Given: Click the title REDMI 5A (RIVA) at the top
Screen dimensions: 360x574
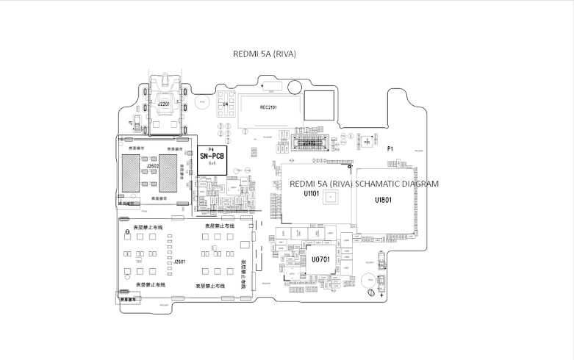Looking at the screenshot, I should [264, 54].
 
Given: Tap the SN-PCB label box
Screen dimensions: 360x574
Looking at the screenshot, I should [212, 159].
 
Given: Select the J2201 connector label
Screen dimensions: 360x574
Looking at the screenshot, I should [162, 105].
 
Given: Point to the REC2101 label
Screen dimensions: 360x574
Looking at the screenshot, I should [268, 107].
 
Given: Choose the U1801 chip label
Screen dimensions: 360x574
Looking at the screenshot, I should [383, 200].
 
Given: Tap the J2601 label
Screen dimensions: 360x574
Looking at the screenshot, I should [179, 262].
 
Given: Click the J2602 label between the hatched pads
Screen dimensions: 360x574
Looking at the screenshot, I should [153, 167].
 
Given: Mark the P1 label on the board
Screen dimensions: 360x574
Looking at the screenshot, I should [390, 149].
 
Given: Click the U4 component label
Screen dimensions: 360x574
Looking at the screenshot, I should [226, 105].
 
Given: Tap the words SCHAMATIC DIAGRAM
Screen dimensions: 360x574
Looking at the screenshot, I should [397, 184].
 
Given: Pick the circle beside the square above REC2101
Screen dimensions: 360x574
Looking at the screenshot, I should [293, 87].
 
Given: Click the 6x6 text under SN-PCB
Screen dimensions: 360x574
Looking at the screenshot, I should [212, 163].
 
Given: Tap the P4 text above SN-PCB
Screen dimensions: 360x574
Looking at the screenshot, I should [212, 150].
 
